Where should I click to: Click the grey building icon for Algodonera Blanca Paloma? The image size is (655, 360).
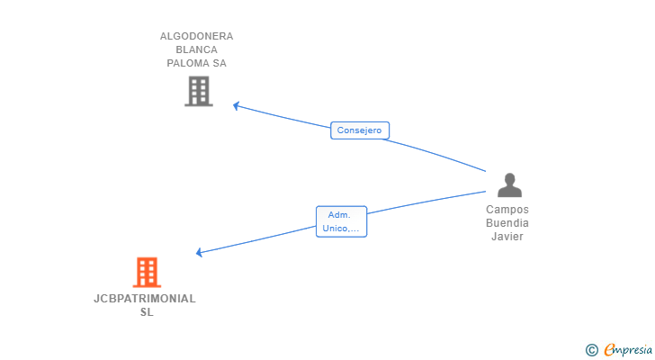[x=199, y=91]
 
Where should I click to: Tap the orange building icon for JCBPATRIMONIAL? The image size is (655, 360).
[x=147, y=273]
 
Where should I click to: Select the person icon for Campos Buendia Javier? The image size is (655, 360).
[x=509, y=185]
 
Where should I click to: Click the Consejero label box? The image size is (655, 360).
[x=360, y=130]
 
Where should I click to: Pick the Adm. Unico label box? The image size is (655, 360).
[x=341, y=221]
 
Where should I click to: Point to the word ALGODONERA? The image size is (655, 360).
[x=196, y=36]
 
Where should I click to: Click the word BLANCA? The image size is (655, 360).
[x=196, y=49]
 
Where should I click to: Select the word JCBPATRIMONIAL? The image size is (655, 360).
[x=145, y=299]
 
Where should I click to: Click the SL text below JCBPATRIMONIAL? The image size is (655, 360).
[x=147, y=312]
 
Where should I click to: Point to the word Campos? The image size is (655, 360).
[x=507, y=209]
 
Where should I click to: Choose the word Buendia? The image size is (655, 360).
[x=507, y=222]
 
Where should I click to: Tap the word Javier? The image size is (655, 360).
[x=507, y=237]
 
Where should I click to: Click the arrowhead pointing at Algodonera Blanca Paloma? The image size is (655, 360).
[x=236, y=105]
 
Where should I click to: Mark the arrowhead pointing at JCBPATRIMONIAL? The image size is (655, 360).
[x=199, y=252]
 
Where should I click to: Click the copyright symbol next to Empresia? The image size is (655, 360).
[x=591, y=350]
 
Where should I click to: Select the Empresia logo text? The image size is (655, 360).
[x=628, y=349]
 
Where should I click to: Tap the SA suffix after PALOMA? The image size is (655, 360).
[x=220, y=63]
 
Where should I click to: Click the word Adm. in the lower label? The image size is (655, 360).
[x=339, y=215]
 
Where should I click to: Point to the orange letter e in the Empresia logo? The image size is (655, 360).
[x=608, y=349]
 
